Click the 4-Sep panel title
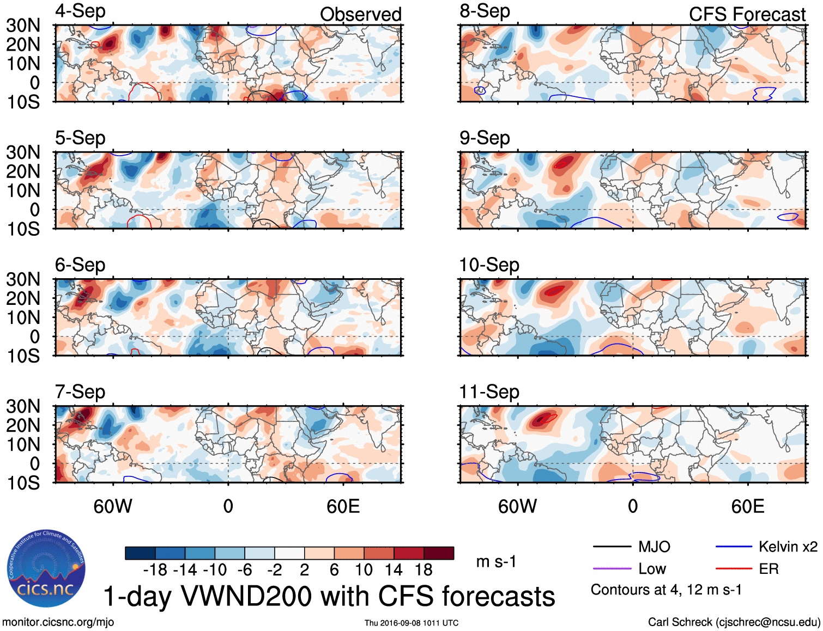click(80, 11)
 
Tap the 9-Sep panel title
click(485, 138)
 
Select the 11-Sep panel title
click(489, 391)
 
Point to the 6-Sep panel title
click(80, 265)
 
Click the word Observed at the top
click(360, 14)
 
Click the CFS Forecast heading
click(747, 14)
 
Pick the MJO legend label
click(654, 547)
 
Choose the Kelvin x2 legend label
click(788, 547)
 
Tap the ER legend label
click(768, 569)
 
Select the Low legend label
click(652, 569)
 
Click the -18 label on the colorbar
click(155, 570)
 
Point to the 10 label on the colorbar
click(364, 570)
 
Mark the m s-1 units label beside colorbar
click(496, 561)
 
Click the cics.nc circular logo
click(46, 569)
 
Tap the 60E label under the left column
click(343, 506)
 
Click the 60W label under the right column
click(517, 506)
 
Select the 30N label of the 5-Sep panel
click(23, 152)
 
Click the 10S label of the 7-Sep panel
click(23, 483)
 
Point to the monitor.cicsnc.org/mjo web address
click(58, 622)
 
